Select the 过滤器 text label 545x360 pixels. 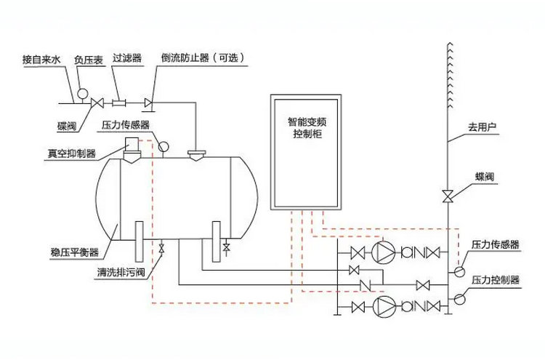click(127, 57)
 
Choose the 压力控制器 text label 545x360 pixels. click(496, 280)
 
